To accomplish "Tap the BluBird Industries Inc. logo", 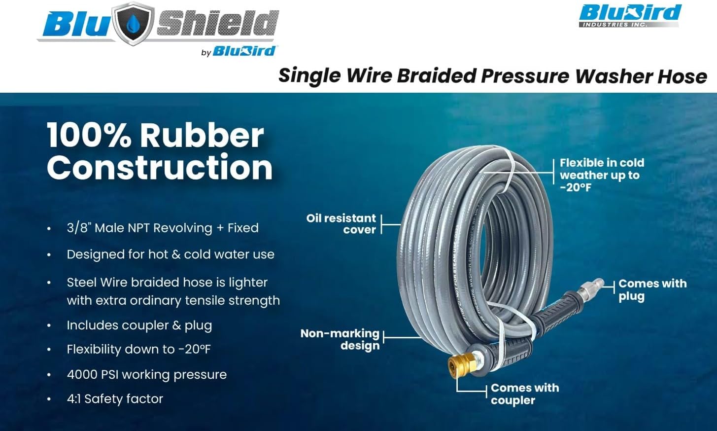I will [630, 15].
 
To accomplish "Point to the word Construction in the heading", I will [160, 168].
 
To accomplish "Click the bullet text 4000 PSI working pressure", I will [146, 374].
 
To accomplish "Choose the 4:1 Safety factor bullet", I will [115, 398].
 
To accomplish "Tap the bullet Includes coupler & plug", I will [139, 325].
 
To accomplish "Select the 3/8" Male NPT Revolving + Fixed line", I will [163, 228].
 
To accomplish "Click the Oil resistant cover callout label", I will [341, 224].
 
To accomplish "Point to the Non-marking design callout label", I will [340, 339].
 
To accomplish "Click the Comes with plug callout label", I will [652, 289].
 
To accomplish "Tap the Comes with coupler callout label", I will [524, 394].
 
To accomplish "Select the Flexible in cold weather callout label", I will [601, 175].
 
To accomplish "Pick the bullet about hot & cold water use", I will [170, 254].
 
